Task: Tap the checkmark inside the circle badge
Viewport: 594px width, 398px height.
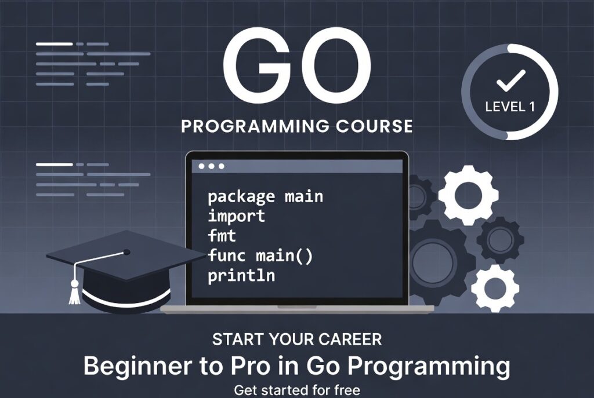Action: pyautogui.click(x=510, y=81)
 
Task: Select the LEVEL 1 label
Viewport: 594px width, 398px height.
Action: pyautogui.click(x=510, y=107)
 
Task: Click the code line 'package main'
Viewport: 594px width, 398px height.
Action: pyautogui.click(x=265, y=196)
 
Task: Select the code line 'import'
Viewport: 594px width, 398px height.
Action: pyautogui.click(x=236, y=216)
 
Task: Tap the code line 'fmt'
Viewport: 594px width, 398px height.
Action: pyautogui.click(x=223, y=236)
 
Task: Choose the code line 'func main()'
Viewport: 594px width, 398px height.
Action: pyautogui.click(x=260, y=255)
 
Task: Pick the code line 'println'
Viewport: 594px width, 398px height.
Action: pyautogui.click(x=241, y=276)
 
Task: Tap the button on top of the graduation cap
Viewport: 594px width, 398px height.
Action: pyautogui.click(x=126, y=253)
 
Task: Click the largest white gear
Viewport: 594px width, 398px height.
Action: pyautogui.click(x=468, y=195)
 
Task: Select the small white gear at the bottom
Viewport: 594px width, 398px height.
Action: pyautogui.click(x=494, y=288)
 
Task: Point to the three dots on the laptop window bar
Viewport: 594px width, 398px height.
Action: pyautogui.click(x=211, y=166)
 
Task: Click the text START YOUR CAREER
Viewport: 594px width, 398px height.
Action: pyautogui.click(x=297, y=339)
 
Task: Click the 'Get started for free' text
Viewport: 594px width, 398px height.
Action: pyautogui.click(x=297, y=390)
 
